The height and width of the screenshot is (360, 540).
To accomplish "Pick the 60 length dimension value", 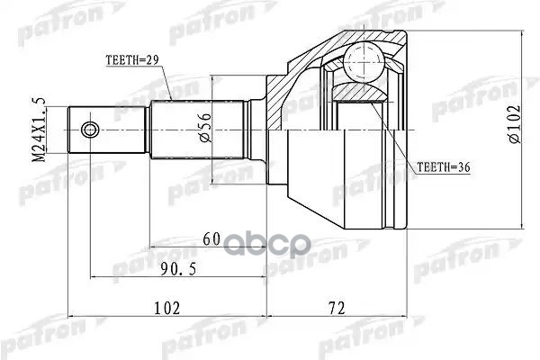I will tap(211, 238).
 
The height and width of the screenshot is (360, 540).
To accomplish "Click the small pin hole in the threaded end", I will tap(88, 130).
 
